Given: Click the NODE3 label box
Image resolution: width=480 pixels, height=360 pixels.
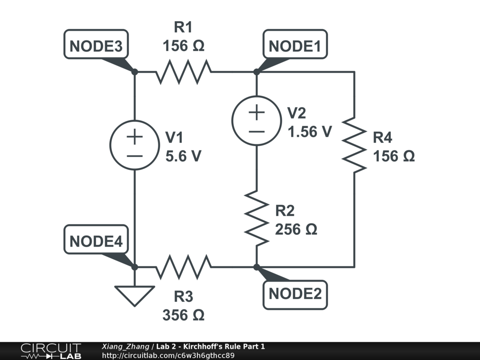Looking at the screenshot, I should click(x=96, y=46).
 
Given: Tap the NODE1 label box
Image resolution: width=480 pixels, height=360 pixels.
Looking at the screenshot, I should click(x=295, y=46).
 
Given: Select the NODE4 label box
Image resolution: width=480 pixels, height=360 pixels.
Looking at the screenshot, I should click(x=96, y=241).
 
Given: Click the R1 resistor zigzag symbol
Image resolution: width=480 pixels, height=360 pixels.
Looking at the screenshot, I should click(x=184, y=72).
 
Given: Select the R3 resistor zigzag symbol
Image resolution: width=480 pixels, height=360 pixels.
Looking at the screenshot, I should click(x=184, y=267).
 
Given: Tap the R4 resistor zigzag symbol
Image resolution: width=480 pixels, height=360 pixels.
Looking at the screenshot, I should click(x=354, y=144).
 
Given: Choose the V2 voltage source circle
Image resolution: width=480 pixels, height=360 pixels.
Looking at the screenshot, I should click(x=257, y=120).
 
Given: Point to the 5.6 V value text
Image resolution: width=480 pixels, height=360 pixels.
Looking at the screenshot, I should click(x=183, y=156).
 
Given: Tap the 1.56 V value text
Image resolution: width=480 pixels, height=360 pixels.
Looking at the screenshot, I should click(x=310, y=132).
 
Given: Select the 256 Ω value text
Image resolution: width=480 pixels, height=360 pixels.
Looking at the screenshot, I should click(x=296, y=230).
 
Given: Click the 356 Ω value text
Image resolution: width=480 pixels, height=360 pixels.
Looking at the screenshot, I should click(x=183, y=315).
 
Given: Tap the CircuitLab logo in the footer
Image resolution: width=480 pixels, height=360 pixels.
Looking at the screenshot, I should click(x=51, y=351).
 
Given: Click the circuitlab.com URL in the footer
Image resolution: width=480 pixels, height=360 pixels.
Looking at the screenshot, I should click(x=168, y=355).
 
